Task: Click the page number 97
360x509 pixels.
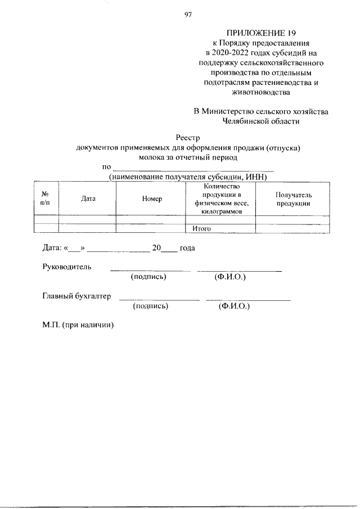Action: tap(188, 15)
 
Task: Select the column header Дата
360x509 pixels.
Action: tap(88, 199)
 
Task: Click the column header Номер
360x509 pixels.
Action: tap(152, 199)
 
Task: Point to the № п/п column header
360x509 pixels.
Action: tap(46, 199)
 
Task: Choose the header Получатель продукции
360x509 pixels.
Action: tap(293, 199)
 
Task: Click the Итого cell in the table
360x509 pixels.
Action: tap(201, 228)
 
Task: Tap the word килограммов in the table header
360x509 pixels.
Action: tap(222, 211)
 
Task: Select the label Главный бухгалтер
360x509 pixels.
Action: tap(76, 296)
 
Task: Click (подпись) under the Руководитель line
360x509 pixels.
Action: tap(148, 277)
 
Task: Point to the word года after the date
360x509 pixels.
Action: tap(187, 247)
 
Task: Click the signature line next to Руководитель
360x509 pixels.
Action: tap(146, 271)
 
